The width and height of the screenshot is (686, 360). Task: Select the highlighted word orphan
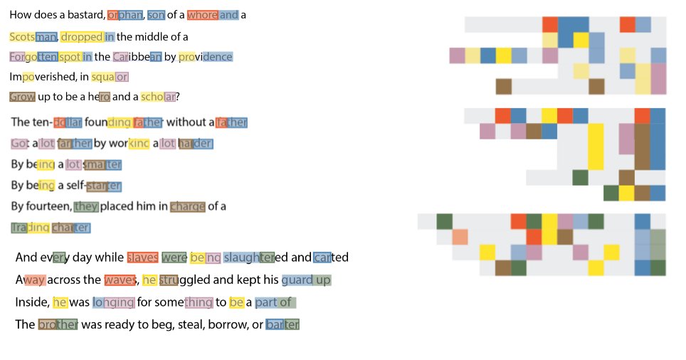tap(125, 15)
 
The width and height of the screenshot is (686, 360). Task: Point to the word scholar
tap(158, 97)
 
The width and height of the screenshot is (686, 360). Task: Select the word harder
tap(196, 144)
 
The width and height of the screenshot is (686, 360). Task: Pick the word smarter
tap(103, 165)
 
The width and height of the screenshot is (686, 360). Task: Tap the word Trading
tap(30, 228)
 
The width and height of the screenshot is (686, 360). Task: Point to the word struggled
tap(190, 280)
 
